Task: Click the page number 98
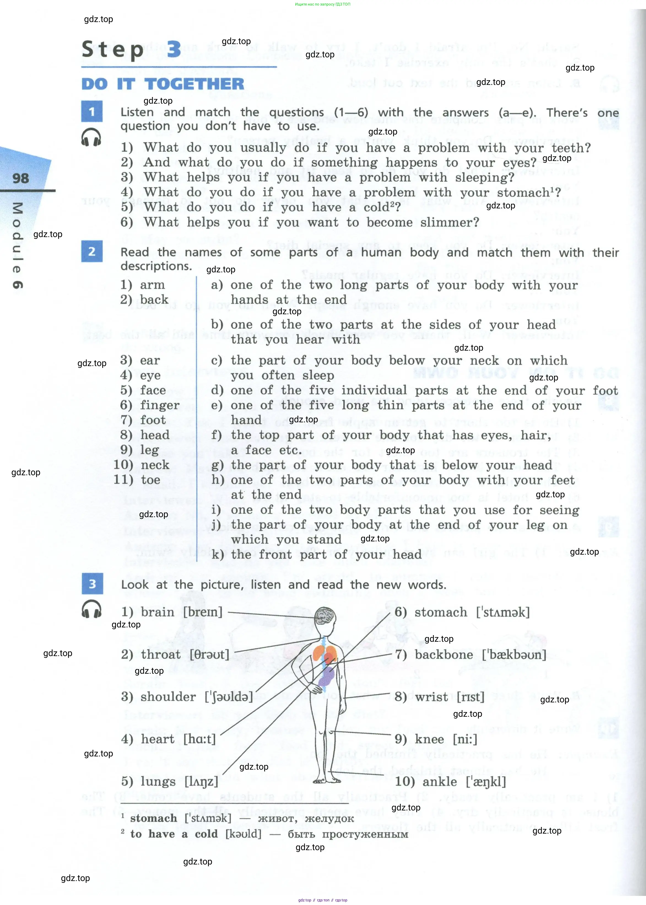coord(21,178)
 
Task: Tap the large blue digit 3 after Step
coord(174,50)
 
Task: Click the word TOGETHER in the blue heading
coord(194,84)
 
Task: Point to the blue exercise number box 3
coord(92,584)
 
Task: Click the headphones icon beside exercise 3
coord(91,609)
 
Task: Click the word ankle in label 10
coord(440,782)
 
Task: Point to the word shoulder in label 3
coord(168,697)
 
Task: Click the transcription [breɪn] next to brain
coord(203,612)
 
